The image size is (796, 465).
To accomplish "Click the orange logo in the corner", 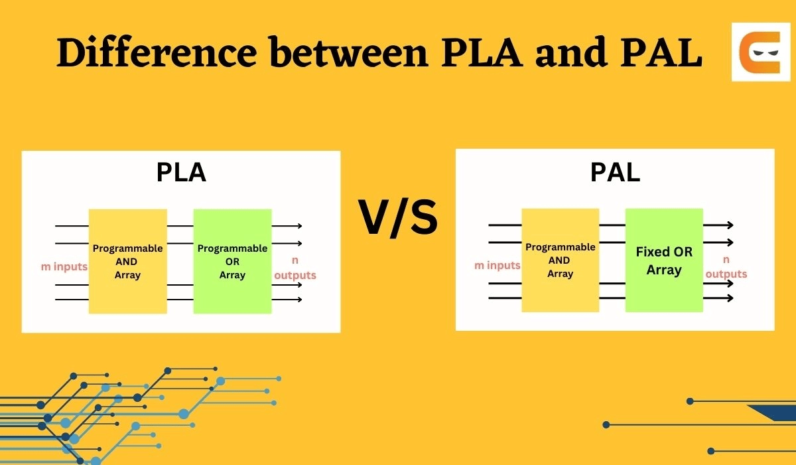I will click(761, 52).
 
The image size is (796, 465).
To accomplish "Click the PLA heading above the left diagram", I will click(181, 172).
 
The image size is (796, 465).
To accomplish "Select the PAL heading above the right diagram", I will click(615, 172).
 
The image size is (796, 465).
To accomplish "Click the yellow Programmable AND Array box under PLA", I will click(127, 261).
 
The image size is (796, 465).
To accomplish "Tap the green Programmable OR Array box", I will click(232, 261).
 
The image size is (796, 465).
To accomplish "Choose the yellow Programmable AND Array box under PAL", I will click(560, 260).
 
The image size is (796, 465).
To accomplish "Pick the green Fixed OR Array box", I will click(664, 260).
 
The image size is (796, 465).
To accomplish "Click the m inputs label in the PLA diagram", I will click(64, 267).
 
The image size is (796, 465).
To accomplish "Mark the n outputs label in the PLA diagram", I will click(295, 268).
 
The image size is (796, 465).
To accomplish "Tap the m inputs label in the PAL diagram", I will click(497, 266).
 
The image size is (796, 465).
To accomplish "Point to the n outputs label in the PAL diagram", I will click(726, 267).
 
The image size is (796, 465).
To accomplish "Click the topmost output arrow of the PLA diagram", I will click(287, 227).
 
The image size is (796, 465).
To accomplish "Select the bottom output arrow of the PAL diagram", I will click(718, 298).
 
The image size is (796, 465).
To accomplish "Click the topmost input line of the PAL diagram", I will click(505, 225).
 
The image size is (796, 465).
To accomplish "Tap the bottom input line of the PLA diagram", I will click(72, 300).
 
